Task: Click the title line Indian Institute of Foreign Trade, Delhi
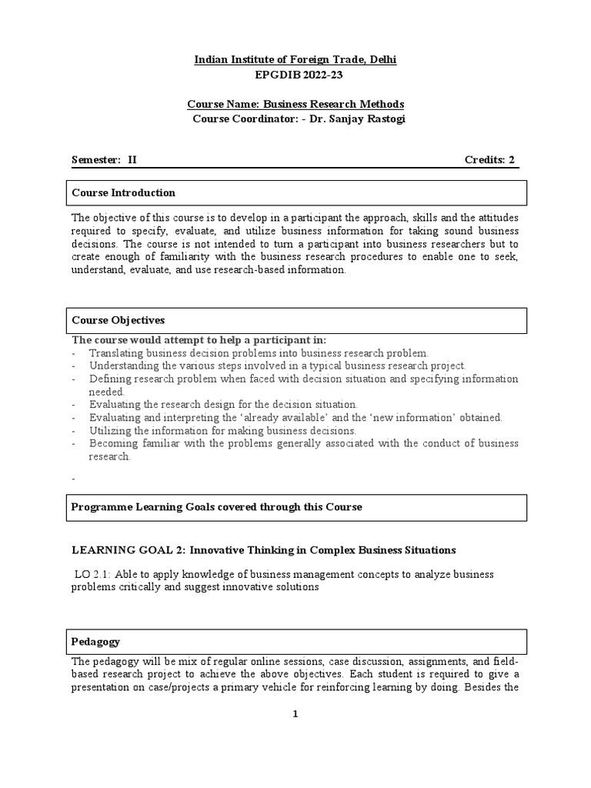(x=295, y=60)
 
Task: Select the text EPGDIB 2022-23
(x=295, y=75)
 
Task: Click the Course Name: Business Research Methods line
(x=295, y=105)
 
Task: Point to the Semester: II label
(x=104, y=160)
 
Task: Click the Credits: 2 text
(x=489, y=160)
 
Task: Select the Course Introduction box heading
(x=124, y=192)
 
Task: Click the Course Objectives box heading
(x=119, y=320)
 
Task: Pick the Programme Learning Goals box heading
(x=216, y=507)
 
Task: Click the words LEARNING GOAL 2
(x=127, y=550)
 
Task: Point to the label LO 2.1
(x=92, y=575)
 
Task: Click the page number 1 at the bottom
(x=295, y=714)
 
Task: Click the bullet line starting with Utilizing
(x=222, y=430)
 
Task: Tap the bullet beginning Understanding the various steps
(x=277, y=366)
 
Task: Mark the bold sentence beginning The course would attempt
(x=199, y=340)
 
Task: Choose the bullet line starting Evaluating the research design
(x=223, y=404)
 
